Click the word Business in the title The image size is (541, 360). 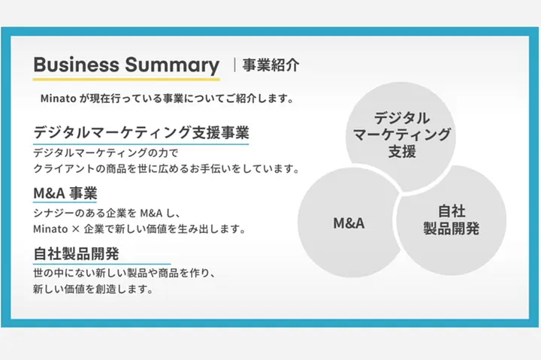click(x=76, y=65)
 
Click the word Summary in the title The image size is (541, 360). click(x=172, y=65)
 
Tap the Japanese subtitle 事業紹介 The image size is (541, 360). click(x=270, y=65)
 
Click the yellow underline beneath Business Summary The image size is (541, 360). click(x=126, y=80)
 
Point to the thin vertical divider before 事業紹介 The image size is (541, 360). click(x=234, y=65)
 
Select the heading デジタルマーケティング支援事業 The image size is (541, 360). click(x=141, y=132)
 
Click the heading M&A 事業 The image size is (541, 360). click(x=65, y=193)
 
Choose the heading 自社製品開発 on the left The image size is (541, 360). click(x=76, y=254)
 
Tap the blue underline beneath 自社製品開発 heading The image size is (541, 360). click(x=101, y=264)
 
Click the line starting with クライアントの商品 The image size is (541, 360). click(x=166, y=169)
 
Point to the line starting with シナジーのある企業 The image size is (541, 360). click(x=107, y=213)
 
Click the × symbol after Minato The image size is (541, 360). click(x=76, y=229)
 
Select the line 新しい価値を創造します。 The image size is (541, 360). click(x=93, y=289)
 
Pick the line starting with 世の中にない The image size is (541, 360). click(x=124, y=274)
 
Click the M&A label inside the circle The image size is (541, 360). click(x=349, y=223)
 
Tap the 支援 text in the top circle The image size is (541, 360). click(x=402, y=152)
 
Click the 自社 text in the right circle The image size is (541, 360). click(x=452, y=211)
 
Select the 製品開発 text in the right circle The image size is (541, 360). click(x=452, y=228)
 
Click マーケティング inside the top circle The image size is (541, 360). click(x=402, y=135)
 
